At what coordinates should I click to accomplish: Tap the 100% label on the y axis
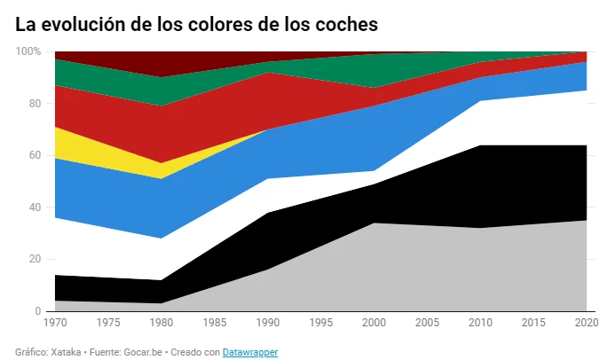point(28,51)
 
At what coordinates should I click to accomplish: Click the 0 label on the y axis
point(37,311)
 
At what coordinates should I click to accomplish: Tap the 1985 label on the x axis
point(213,323)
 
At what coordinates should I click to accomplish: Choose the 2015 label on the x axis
point(532,323)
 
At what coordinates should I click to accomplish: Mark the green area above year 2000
point(373,69)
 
